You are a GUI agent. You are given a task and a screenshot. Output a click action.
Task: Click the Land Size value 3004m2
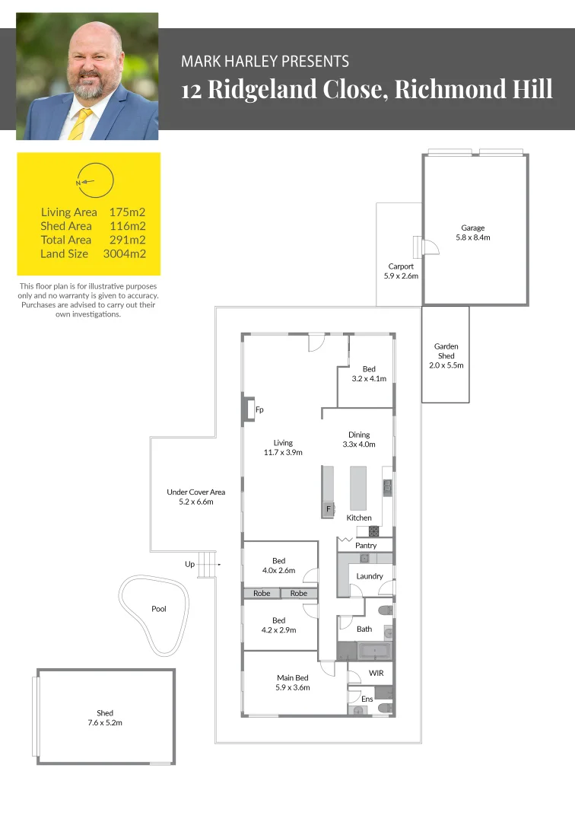pos(124,253)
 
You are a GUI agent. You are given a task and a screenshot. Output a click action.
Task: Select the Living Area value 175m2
pos(127,212)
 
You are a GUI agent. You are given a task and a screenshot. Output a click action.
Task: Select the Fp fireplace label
pos(259,410)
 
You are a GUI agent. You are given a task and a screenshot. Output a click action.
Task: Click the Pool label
pos(158,609)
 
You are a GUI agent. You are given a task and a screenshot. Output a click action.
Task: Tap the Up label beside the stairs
pos(189,564)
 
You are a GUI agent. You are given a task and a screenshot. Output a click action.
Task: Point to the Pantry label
pos(366,546)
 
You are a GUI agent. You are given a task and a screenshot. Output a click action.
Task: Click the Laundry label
pos(370,576)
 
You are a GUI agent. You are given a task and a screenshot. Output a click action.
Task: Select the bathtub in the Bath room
pos(373,652)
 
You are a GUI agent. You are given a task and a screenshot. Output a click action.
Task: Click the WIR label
pos(376,673)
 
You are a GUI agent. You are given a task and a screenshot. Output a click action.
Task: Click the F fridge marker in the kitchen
pos(328,508)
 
